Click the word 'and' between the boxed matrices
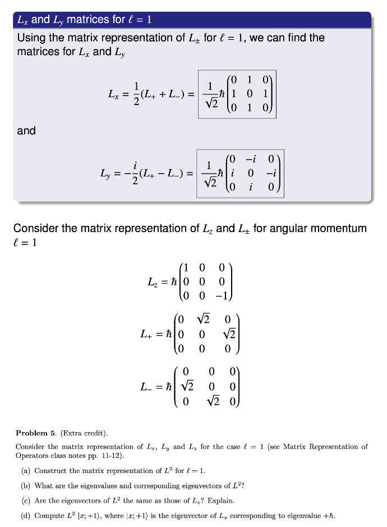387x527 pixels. (26, 131)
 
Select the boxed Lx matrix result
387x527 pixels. (238, 94)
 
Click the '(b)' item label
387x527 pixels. (25, 485)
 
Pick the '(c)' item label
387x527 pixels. (25, 500)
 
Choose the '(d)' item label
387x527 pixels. (25, 515)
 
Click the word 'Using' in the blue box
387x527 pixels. (31, 38)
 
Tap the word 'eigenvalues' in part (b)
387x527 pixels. (93, 485)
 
